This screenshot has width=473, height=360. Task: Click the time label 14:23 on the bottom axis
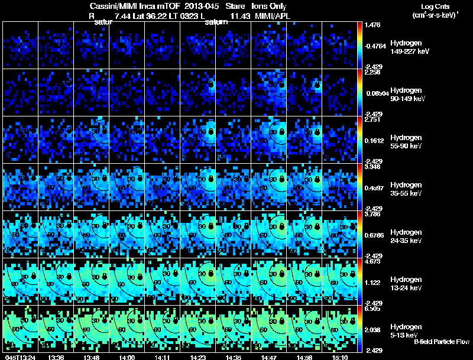coord(198,357)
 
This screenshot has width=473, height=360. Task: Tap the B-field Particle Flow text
coord(442,342)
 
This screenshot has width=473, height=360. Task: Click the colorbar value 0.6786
coord(373,235)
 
